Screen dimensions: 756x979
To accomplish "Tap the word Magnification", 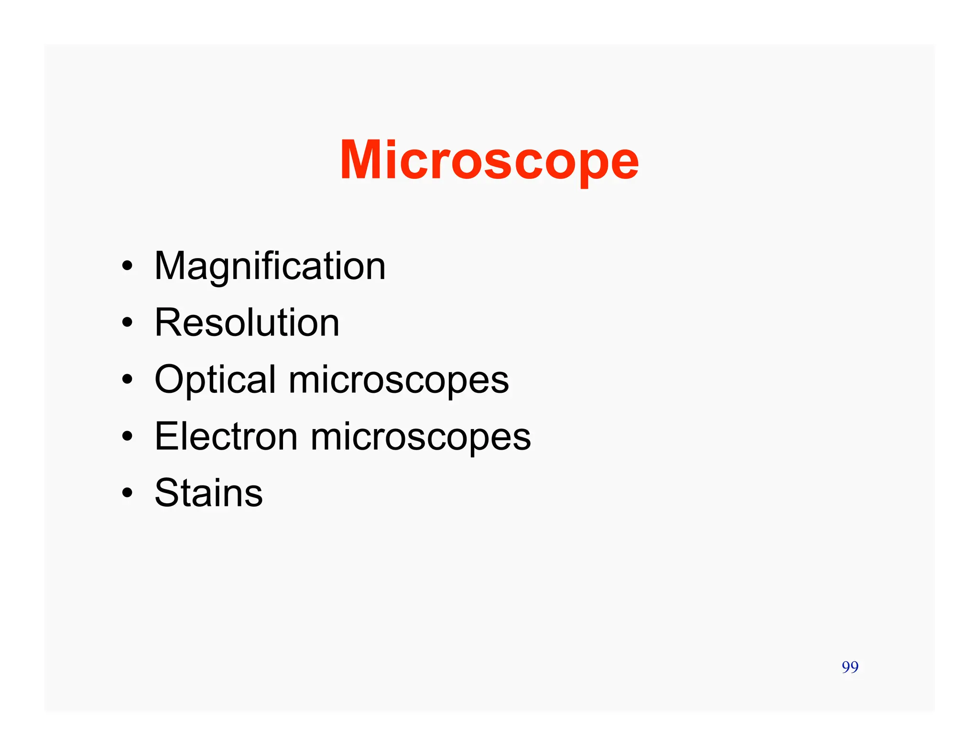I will click(x=270, y=266).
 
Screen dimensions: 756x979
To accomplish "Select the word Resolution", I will click(x=247, y=323).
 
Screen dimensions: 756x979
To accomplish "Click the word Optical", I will click(x=215, y=380).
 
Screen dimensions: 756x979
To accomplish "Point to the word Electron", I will click(x=226, y=436).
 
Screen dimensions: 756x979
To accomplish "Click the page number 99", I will click(x=850, y=667).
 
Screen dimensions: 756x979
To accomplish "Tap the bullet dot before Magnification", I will click(x=127, y=266).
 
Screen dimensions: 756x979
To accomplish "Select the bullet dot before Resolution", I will click(x=127, y=323).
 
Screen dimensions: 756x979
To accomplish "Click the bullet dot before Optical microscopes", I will click(x=127, y=379).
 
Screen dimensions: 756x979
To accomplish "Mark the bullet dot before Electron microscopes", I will click(x=127, y=436).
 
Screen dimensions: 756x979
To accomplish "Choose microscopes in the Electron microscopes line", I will click(x=421, y=437).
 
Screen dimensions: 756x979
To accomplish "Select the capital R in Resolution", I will click(x=167, y=323).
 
